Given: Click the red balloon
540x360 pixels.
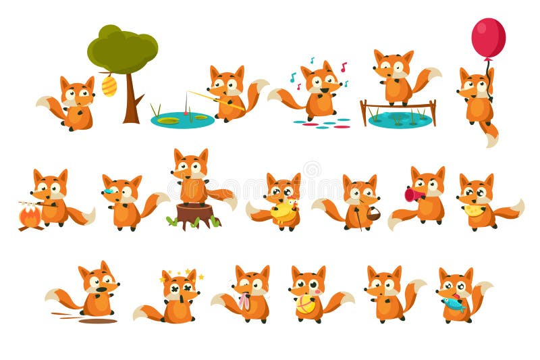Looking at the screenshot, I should tap(488, 38).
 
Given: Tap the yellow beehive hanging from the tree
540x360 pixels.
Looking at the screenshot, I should tap(109, 86).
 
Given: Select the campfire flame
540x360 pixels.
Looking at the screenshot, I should tap(29, 216).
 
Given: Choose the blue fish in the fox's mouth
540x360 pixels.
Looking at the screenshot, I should tap(454, 303).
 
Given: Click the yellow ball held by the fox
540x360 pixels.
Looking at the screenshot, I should tap(306, 305).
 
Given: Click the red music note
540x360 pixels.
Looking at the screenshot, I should tap(344, 67).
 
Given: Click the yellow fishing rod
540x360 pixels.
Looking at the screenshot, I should tap(216, 100).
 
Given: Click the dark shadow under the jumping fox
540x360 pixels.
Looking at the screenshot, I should tap(97, 321).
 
